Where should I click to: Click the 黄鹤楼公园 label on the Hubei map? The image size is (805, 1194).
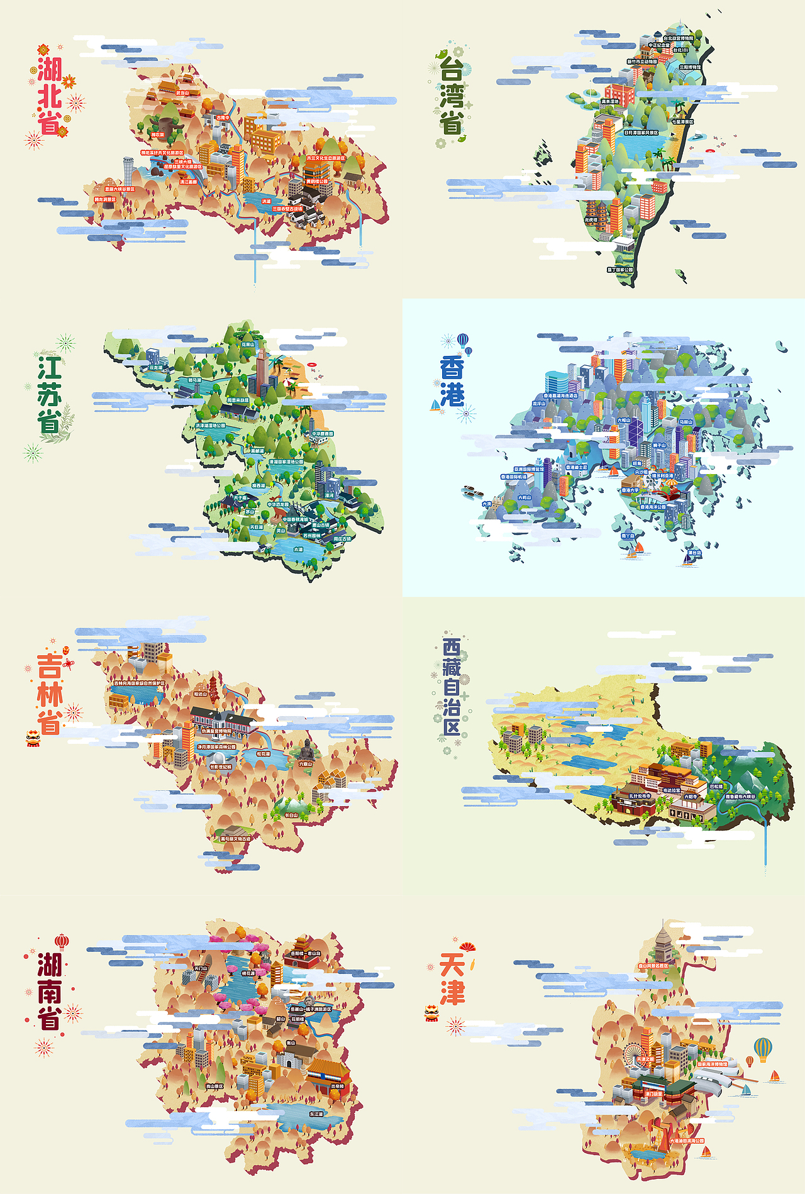pos(317,181)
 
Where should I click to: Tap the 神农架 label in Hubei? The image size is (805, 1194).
pos(157,135)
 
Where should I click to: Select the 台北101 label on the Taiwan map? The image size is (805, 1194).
pos(680,50)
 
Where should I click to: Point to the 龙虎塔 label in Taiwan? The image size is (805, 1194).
pos(591,220)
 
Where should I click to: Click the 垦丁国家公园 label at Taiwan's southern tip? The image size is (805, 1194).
pos(620,270)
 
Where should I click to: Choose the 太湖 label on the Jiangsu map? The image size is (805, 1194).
pos(298,550)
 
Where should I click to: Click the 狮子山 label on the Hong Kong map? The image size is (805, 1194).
pos(659,445)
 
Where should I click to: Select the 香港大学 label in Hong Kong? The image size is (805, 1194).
pos(630,490)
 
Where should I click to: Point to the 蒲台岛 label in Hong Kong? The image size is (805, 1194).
pos(694,553)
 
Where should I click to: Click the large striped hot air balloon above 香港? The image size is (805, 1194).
pos(463,340)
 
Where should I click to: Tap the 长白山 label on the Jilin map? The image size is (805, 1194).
pos(291,815)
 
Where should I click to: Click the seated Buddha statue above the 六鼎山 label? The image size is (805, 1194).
pos(306,749)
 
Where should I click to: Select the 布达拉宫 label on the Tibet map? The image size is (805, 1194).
pos(672,790)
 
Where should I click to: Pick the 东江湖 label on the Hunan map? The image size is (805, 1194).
pos(316,1114)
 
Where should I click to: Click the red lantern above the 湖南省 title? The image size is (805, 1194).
pos(61,941)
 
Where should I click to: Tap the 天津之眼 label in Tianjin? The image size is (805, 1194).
pos(645,1059)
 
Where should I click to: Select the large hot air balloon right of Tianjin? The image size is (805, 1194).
pos(763,1048)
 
